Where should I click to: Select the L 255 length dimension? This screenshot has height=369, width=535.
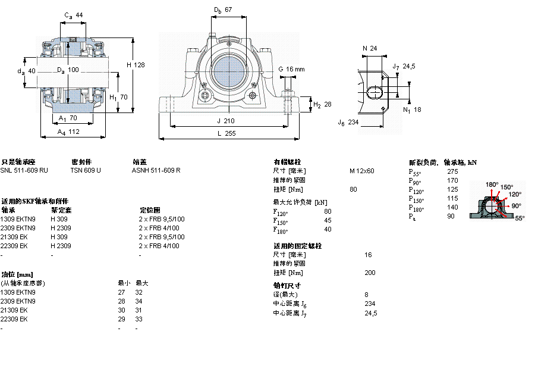[x=226, y=134]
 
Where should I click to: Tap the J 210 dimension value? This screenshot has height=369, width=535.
[x=226, y=121]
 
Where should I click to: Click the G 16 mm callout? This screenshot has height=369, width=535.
[x=291, y=69]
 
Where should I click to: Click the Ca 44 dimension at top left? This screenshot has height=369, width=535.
[x=73, y=15]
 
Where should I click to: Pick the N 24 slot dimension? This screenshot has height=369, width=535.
[x=370, y=48]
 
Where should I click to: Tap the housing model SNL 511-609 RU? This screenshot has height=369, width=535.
[x=24, y=170]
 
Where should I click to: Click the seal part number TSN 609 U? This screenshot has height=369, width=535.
[x=86, y=170]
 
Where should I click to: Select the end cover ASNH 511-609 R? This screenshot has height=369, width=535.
[x=156, y=170]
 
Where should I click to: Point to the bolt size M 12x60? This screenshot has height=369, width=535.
[x=361, y=171]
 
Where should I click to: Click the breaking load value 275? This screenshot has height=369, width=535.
[x=452, y=171]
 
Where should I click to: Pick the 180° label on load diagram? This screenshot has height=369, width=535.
[x=492, y=185]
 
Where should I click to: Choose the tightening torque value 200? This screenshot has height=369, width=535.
[x=370, y=273]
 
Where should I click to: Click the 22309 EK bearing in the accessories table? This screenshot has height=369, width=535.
[x=14, y=246]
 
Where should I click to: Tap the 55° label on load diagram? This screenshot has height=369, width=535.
[x=519, y=218]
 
